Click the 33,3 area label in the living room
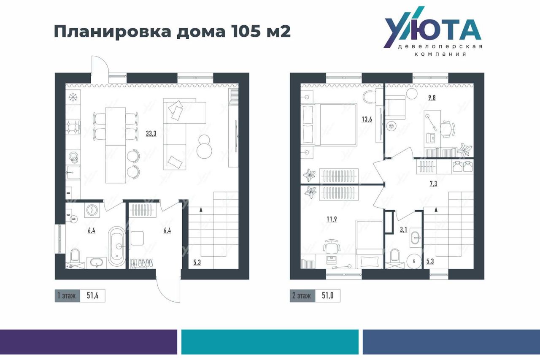pyautogui.click(x=151, y=133)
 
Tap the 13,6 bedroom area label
pyautogui.click(x=367, y=119)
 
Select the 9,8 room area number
pyautogui.click(x=432, y=97)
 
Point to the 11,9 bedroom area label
pyautogui.click(x=332, y=219)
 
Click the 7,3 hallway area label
pyautogui.click(x=433, y=184)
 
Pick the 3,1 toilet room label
pyautogui.click(x=404, y=230)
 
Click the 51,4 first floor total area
pyautogui.click(x=92, y=295)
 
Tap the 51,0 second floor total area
pyautogui.click(x=328, y=295)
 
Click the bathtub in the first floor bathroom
pyautogui.click(x=117, y=246)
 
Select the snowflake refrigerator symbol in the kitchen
pyautogui.click(x=73, y=97)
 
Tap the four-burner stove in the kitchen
pyautogui.click(x=73, y=127)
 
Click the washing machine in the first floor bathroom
pyautogui.click(x=92, y=210)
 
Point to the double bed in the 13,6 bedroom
pyautogui.click(x=329, y=125)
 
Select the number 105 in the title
pyautogui.click(x=246, y=32)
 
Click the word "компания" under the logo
pyautogui.click(x=440, y=54)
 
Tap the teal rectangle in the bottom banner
pyautogui.click(x=270, y=342)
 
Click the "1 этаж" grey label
pyautogui.click(x=67, y=295)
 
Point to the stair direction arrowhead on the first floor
pyautogui.click(x=201, y=209)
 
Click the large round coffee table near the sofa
pyautogui.click(x=204, y=151)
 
